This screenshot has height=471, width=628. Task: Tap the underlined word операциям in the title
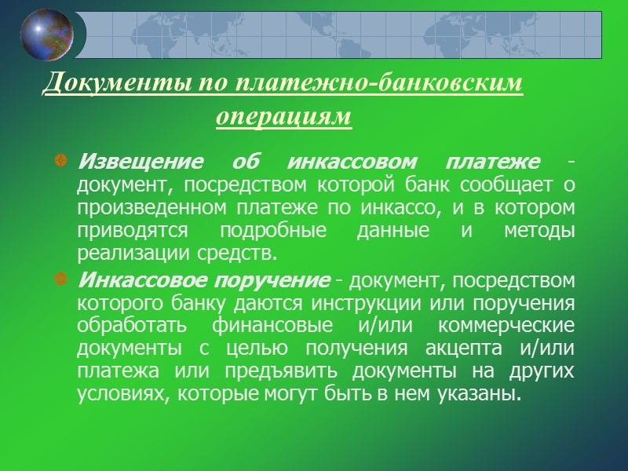coord(283,118)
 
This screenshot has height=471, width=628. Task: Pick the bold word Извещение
coord(139,162)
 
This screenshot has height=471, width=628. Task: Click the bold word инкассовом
coord(341,162)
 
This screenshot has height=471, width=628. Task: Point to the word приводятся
coord(126,232)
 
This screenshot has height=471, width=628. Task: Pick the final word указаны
coord(487,393)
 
